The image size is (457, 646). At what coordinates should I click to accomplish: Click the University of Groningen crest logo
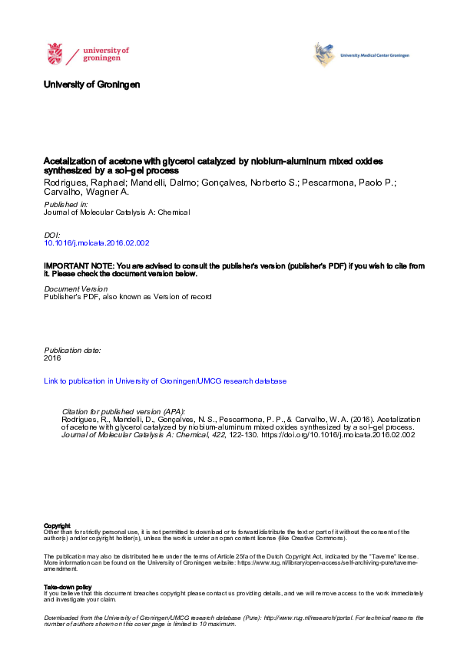pyautogui.click(x=55, y=54)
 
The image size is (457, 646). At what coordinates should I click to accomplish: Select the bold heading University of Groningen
pyautogui.click(x=92, y=84)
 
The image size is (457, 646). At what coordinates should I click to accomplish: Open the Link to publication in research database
pyautogui.click(x=165, y=381)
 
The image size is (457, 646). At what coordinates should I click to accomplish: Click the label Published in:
pyautogui.click(x=66, y=205)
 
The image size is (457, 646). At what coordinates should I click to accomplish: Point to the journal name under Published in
pyautogui.click(x=117, y=213)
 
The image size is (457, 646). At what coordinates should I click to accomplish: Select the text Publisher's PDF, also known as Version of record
pyautogui.click(x=127, y=297)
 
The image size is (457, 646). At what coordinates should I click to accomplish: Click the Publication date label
pyautogui.click(x=72, y=350)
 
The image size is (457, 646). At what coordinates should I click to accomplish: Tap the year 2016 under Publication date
pyautogui.click(x=52, y=358)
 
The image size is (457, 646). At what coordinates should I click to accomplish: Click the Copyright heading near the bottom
pyautogui.click(x=58, y=525)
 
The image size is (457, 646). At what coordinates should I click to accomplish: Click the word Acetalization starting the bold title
pyautogui.click(x=68, y=162)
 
